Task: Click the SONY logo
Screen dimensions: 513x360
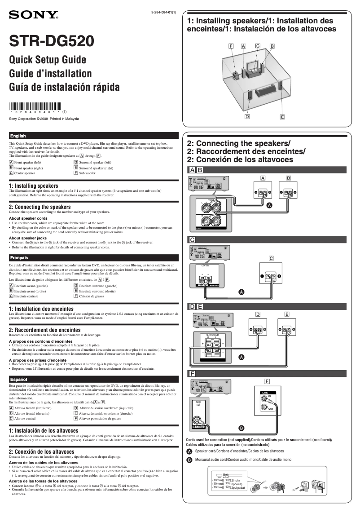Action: click(x=34, y=16)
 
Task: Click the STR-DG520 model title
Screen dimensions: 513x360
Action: click(x=52, y=42)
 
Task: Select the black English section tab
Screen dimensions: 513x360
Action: click(x=18, y=136)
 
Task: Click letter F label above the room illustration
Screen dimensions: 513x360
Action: click(x=231, y=46)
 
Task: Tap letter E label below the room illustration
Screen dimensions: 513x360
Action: click(x=282, y=117)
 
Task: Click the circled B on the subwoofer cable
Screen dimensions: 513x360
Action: click(x=241, y=427)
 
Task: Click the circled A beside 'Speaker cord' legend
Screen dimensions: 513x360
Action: click(x=189, y=451)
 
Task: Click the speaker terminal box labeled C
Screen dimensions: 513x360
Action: click(x=271, y=275)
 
